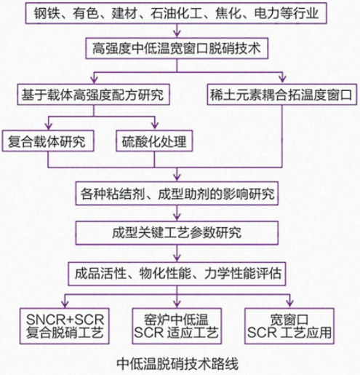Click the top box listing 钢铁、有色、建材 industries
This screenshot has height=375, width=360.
(x=176, y=13)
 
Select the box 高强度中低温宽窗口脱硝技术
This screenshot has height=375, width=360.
(x=177, y=48)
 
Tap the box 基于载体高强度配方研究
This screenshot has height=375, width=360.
(x=93, y=95)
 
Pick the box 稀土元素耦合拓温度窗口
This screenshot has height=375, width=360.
(x=282, y=95)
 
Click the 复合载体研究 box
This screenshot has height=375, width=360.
(x=48, y=141)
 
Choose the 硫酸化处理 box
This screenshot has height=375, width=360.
(x=154, y=141)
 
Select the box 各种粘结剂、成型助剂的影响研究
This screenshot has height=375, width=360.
(x=177, y=193)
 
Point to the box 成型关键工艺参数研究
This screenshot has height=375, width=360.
(x=177, y=232)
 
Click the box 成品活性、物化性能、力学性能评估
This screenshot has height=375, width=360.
(x=177, y=274)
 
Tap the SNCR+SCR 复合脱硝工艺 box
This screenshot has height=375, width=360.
(x=65, y=326)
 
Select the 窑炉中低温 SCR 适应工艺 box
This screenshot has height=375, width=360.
(x=177, y=326)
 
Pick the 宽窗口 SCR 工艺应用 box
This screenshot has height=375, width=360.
(x=289, y=326)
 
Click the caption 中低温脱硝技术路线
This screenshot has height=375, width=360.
(x=177, y=363)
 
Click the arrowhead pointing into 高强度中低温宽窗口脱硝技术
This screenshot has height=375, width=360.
(x=177, y=33)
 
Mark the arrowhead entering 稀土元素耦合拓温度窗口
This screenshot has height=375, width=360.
(x=282, y=79)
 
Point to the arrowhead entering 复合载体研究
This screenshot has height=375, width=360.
(x=49, y=126)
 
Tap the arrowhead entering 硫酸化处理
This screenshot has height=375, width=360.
(x=155, y=126)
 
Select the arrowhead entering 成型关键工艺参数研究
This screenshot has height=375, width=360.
(x=177, y=217)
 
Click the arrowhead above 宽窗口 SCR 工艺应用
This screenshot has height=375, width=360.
(x=290, y=304)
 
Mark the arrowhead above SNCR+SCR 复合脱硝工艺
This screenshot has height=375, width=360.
(x=65, y=304)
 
